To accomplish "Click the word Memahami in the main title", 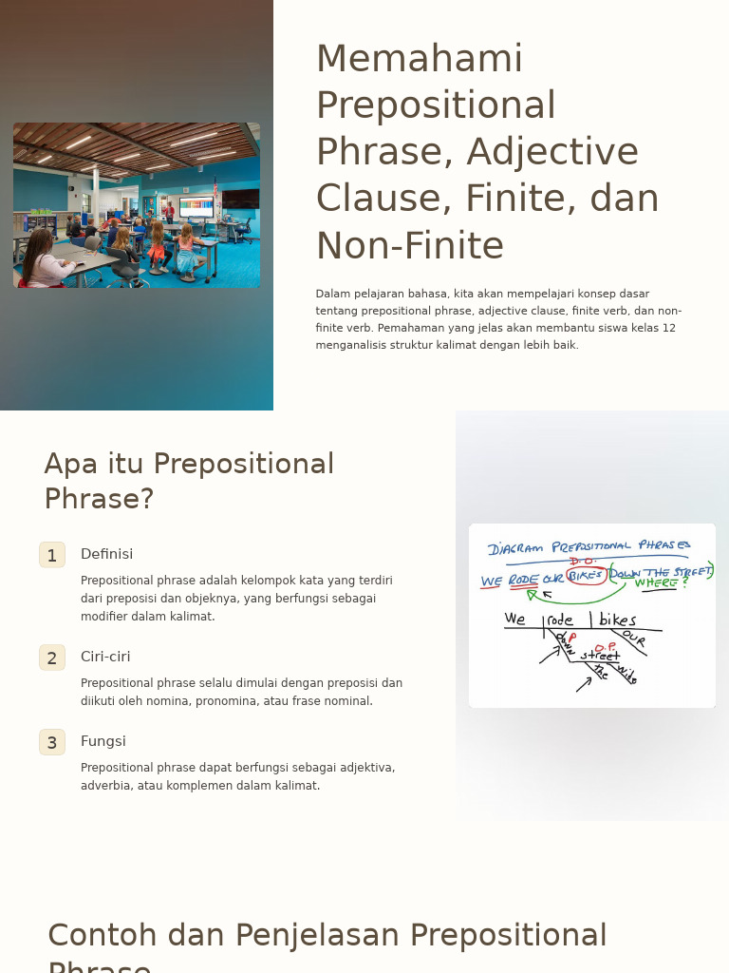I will pos(419,59).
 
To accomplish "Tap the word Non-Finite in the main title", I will pos(409,246).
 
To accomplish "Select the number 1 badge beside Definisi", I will pos(52,555).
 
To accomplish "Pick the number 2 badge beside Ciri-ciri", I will pos(52,658).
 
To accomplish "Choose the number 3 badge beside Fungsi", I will pos(52,742).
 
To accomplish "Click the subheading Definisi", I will pos(106,554).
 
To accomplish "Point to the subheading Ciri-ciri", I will pos(105,657).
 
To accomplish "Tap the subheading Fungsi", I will pos(103,741).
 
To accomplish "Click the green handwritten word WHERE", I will pos(658,582).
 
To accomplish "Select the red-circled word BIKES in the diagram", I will pos(586,576).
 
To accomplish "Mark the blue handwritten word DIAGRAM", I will pos(515,548).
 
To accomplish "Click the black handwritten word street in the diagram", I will pos(599,655).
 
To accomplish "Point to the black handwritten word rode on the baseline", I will pos(560,620).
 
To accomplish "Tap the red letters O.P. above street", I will pos(605,646).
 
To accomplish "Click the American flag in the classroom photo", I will pos(216,193).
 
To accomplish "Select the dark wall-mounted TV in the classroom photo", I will pos(240,199).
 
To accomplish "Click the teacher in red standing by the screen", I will pos(169,211).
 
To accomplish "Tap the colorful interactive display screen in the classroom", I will pos(196,206).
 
